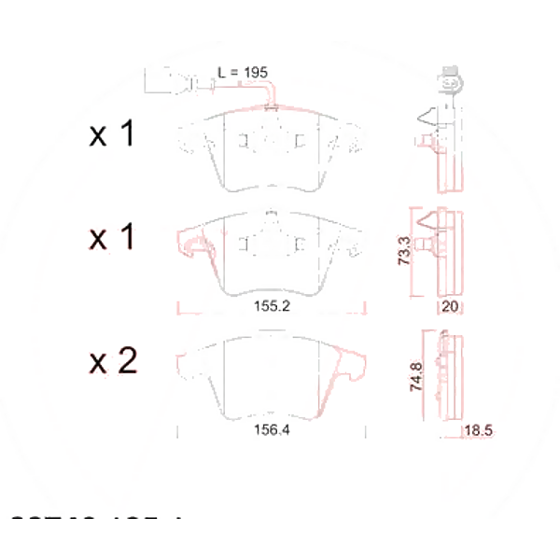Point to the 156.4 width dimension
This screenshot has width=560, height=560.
pyautogui.click(x=272, y=430)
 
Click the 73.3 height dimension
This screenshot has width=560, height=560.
pyautogui.click(x=404, y=251)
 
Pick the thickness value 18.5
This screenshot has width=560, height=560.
pyautogui.click(x=478, y=430)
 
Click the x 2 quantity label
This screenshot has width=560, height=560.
pyautogui.click(x=113, y=361)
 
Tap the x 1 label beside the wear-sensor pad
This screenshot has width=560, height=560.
pyautogui.click(x=112, y=136)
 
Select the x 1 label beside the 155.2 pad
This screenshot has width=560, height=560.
pyautogui.click(x=112, y=239)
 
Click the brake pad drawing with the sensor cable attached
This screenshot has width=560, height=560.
pyautogui.click(x=270, y=149)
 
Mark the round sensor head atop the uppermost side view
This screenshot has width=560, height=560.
pyautogui.click(x=448, y=80)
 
